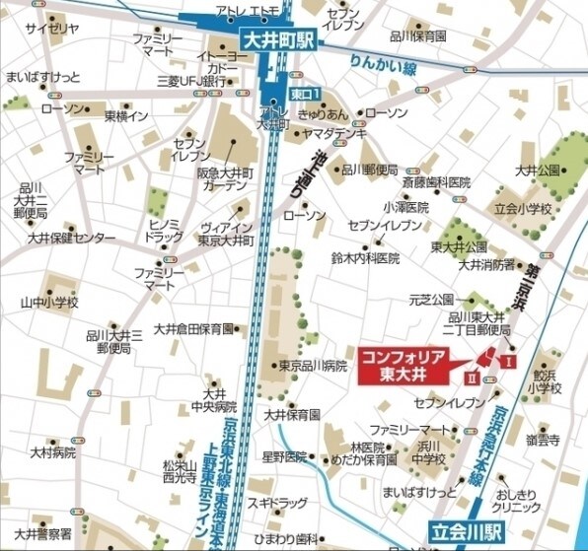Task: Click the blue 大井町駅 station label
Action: click(x=281, y=40)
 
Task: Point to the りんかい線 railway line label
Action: click(x=383, y=67)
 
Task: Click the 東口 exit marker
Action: click(x=304, y=94)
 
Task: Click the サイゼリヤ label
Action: click(x=58, y=30)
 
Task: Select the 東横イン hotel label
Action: click(x=126, y=116)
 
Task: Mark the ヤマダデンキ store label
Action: click(x=336, y=132)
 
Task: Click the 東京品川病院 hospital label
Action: click(x=313, y=366)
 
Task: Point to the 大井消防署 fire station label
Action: click(x=484, y=264)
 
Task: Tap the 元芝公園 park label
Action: click(x=430, y=299)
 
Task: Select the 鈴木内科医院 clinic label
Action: click(x=365, y=258)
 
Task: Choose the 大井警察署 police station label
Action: click(x=42, y=533)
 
